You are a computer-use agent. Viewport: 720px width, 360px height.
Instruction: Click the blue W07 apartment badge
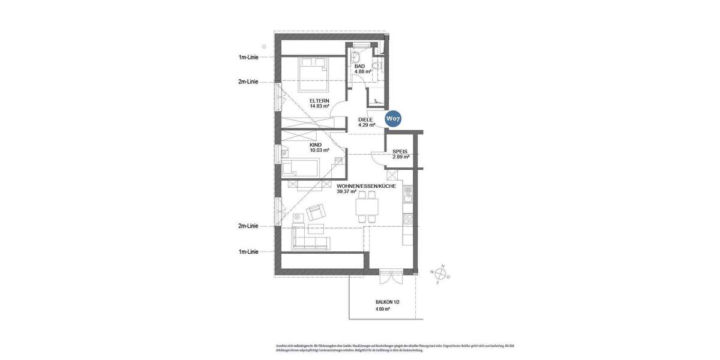coord(393,119)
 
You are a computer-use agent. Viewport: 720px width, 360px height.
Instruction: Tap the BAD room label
coord(360,66)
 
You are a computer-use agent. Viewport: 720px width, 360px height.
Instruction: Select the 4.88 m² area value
coord(362,72)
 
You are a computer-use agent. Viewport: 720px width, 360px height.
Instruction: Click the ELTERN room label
coord(319,100)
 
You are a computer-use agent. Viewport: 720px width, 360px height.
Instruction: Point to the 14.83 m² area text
coord(319,106)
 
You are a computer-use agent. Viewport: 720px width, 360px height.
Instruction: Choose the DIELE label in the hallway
coord(365,119)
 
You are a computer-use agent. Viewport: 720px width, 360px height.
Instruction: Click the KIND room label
coord(316,145)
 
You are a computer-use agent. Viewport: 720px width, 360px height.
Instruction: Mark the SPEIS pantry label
coord(400,152)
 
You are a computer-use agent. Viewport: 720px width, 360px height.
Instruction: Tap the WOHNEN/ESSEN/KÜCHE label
coord(366,186)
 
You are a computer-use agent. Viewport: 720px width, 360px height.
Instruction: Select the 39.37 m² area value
coord(347,192)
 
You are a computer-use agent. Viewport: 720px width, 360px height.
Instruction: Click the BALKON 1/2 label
coord(387,302)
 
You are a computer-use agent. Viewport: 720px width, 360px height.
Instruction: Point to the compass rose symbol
coord(440,274)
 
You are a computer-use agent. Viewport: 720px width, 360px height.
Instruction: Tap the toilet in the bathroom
coord(377,65)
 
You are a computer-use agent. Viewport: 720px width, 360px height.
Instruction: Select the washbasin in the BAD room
coord(355,58)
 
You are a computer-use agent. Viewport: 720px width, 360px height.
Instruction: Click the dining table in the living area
coord(367,207)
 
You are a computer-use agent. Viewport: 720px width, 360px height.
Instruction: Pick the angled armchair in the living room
coord(316,212)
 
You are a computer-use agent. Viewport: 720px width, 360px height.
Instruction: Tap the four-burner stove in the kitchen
coord(408,219)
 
